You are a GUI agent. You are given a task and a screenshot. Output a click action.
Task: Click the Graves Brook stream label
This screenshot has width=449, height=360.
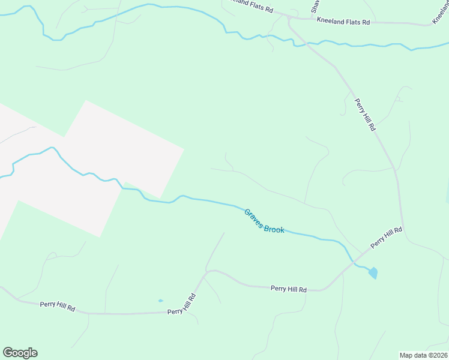(x=264, y=221)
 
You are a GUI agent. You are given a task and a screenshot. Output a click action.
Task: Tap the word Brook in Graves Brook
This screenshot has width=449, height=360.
(x=274, y=226)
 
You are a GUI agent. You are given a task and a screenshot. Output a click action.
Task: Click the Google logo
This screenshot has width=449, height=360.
(x=20, y=353)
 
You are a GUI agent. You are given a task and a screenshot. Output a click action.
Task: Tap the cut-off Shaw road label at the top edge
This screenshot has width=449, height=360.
(x=314, y=6)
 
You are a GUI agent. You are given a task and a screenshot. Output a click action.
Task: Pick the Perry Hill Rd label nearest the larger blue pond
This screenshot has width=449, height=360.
(x=386, y=238)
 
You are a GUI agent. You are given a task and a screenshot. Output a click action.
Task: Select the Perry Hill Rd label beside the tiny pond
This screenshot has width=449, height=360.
(x=182, y=304)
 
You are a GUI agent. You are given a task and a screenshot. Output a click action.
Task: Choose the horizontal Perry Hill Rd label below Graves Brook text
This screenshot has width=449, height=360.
(x=289, y=289)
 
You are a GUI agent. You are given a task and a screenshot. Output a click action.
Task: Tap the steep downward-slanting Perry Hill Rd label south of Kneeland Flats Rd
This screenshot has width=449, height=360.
(x=364, y=115)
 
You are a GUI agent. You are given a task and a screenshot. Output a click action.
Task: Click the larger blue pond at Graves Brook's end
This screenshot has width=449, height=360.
(x=373, y=273)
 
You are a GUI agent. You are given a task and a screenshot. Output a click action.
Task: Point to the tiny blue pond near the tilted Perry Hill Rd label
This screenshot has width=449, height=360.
(x=160, y=301)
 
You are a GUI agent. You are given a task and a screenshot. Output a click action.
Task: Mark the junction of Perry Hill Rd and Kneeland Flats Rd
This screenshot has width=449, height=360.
(x=289, y=19)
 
